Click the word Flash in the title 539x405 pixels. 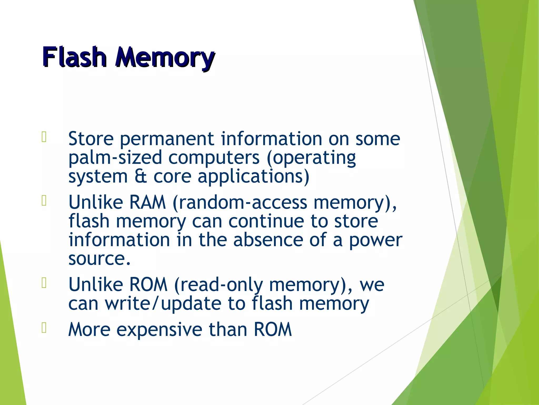tap(74, 57)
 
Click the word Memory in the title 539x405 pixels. tap(165, 57)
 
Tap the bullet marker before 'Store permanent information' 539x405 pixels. tap(44, 137)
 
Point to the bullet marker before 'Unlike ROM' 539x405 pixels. tap(44, 283)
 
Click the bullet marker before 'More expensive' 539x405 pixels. tap(44, 328)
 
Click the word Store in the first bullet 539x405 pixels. tap(91, 139)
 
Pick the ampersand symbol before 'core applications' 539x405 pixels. tap(141, 176)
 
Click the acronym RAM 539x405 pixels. tap(147, 202)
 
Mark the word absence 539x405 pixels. tap(268, 240)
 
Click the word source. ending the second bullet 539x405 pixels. tap(99, 259)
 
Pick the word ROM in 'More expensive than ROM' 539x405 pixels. tap(273, 330)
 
